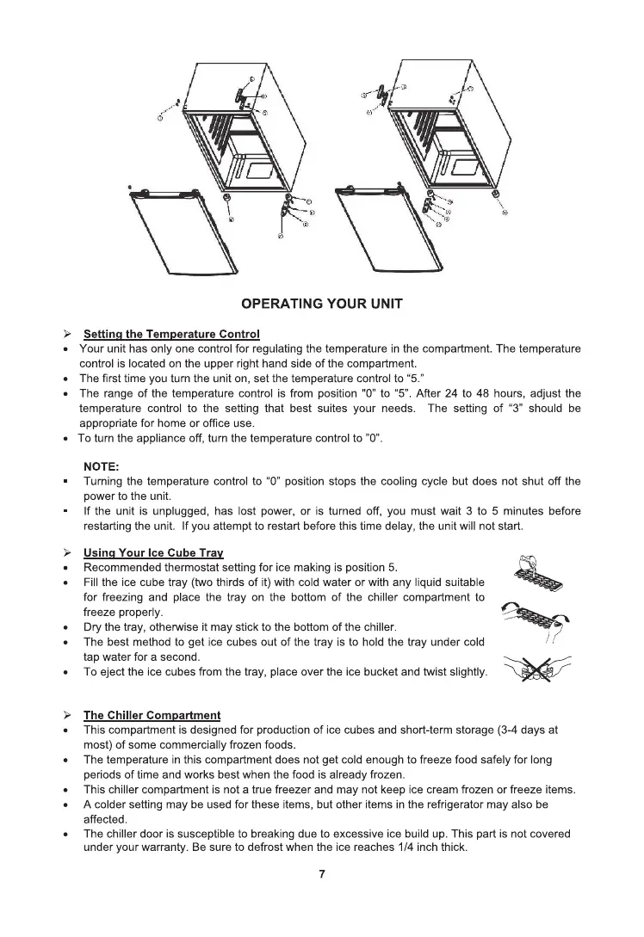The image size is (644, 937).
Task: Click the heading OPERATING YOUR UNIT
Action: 321,304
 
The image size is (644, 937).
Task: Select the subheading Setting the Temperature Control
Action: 171,334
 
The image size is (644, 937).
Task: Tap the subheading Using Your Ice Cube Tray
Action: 153,552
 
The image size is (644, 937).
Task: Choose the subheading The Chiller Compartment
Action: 152,715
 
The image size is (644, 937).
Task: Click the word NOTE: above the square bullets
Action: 102,466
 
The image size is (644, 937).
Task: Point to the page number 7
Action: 322,874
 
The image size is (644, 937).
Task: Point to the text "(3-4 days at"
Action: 528,730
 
